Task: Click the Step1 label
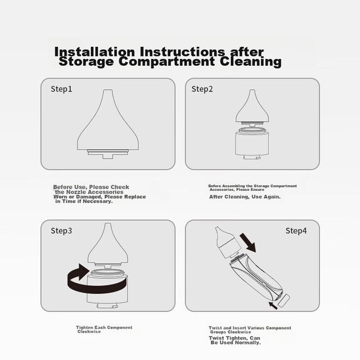pyautogui.click(x=61, y=89)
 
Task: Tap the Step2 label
pyautogui.click(x=202, y=89)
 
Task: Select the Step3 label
pyautogui.click(x=61, y=231)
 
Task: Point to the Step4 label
pyautogui.click(x=296, y=231)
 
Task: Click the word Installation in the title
pyautogui.click(x=94, y=51)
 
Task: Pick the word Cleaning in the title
pyautogui.click(x=250, y=62)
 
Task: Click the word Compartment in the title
pyautogui.click(x=167, y=61)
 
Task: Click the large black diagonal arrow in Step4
pyautogui.click(x=249, y=243)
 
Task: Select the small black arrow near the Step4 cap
pyautogui.click(x=273, y=306)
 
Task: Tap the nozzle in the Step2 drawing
pyautogui.click(x=252, y=108)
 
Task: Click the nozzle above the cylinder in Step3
pyautogui.click(x=108, y=245)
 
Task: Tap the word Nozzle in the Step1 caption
pyautogui.click(x=77, y=192)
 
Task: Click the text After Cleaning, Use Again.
pyautogui.click(x=245, y=197)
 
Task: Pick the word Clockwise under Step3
pyautogui.click(x=89, y=331)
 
